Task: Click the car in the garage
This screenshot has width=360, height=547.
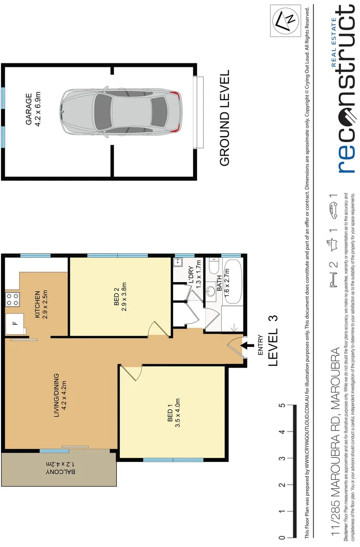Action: point(119,112)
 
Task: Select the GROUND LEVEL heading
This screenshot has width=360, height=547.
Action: point(224,118)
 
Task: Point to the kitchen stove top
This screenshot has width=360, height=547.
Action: point(12,299)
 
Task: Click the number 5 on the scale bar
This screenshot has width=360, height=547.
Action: point(280,405)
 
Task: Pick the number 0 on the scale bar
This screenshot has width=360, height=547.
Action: point(280,537)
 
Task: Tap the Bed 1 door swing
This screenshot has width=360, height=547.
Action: point(131,373)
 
